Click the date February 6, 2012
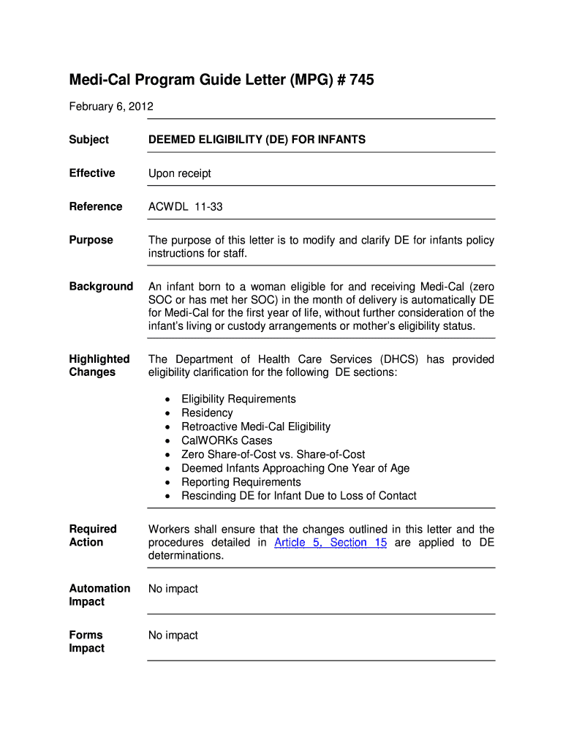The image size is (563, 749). click(x=111, y=107)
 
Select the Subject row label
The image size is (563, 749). click(x=88, y=140)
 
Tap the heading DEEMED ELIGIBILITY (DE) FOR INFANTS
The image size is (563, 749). click(x=257, y=140)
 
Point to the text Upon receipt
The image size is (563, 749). click(x=179, y=173)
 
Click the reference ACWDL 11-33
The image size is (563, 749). click(x=185, y=207)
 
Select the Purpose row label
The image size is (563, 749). click(x=91, y=240)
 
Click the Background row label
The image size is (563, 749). click(x=101, y=286)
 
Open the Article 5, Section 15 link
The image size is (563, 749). click(x=330, y=543)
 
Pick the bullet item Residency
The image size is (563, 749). click(x=207, y=413)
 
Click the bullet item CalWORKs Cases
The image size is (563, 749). click(x=227, y=440)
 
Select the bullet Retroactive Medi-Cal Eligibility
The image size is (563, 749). click(x=256, y=426)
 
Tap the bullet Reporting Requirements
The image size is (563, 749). click(x=241, y=482)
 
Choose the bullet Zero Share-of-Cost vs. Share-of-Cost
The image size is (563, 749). click(x=273, y=454)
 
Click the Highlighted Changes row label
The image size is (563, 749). click(x=99, y=366)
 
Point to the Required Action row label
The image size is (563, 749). click(x=92, y=535)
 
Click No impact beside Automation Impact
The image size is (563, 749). click(x=173, y=589)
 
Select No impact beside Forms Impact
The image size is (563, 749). click(x=173, y=636)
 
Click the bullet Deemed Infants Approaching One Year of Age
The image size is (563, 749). click(x=295, y=468)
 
